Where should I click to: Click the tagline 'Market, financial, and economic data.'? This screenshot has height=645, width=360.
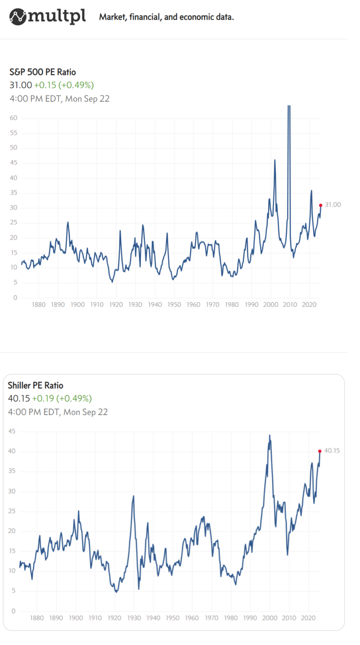click(166, 18)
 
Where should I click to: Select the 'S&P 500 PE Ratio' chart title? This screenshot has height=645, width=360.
click(43, 72)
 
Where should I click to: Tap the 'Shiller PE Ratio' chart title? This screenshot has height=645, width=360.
click(36, 385)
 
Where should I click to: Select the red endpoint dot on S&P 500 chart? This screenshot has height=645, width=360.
click(320, 205)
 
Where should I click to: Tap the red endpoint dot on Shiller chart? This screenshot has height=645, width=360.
click(319, 451)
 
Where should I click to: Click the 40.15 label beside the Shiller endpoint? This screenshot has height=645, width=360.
click(332, 450)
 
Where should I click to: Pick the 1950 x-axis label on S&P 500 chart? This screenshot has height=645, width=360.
click(174, 305)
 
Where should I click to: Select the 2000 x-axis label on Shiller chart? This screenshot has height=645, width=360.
click(269, 618)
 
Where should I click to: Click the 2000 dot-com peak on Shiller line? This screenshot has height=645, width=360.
click(270, 435)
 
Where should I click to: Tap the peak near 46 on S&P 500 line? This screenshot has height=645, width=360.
click(274, 160)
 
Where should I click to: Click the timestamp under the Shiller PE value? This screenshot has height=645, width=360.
click(58, 412)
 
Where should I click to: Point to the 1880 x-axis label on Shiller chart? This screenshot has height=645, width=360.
click(37, 618)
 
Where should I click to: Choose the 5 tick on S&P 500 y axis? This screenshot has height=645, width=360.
click(15, 283)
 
